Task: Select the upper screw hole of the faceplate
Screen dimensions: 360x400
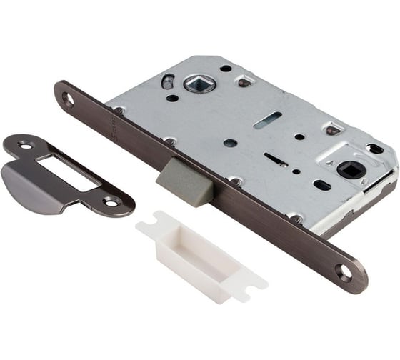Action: point(68,99)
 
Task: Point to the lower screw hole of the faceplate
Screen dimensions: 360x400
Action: point(345,272)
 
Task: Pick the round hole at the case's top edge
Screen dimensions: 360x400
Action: point(226,69)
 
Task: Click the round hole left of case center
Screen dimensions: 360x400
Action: point(230,143)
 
